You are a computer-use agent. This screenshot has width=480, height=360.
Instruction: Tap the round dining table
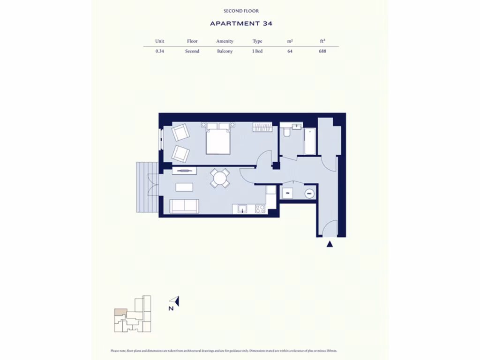point(219,178)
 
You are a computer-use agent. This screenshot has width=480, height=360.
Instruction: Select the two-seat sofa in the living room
point(184,206)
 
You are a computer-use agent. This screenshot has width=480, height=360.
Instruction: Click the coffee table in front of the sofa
point(184,187)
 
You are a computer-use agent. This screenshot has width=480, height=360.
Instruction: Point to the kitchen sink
point(242,208)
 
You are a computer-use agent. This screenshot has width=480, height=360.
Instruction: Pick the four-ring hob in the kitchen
point(260,209)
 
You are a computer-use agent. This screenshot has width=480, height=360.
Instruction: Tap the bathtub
point(309,139)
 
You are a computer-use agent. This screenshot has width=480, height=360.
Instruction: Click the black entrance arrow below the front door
point(330,244)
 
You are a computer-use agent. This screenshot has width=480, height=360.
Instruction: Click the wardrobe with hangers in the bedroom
point(262,127)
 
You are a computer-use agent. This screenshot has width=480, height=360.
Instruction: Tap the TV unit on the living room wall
point(184,171)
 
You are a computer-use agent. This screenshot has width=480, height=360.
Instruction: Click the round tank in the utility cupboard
point(309,192)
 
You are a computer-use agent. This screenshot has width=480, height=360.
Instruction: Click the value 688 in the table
point(322,51)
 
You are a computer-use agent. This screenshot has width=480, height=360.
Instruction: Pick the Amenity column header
point(225,41)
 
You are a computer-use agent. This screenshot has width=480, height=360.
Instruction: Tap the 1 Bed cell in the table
point(257,51)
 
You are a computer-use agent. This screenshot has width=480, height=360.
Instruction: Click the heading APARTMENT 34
point(241,23)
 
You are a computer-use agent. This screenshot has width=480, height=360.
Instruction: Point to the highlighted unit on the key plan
point(120,311)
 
